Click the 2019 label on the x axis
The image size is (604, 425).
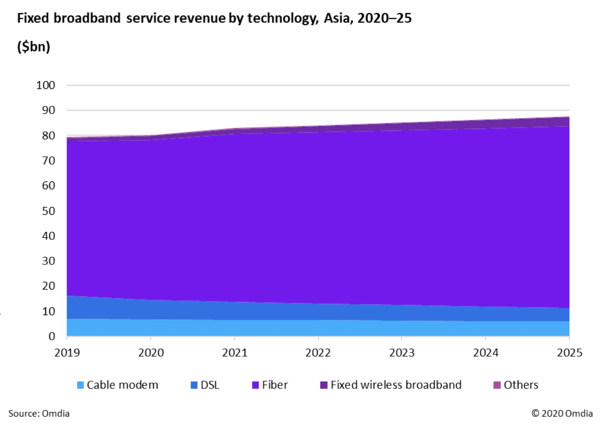(67, 352)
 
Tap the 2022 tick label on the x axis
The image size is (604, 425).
(318, 352)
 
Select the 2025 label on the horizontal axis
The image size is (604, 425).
(569, 352)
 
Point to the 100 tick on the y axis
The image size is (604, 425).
(46, 85)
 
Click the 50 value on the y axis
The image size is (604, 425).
(48, 211)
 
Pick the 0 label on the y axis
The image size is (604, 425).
(52, 337)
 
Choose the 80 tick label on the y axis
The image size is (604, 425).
(48, 135)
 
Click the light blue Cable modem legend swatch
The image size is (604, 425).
(81, 385)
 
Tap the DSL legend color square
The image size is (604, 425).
(194, 385)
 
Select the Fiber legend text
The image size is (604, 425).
(275, 385)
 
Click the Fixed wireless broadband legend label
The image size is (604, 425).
(396, 385)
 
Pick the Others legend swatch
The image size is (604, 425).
(497, 385)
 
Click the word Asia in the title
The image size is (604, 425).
(336, 18)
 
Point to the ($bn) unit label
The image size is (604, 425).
(33, 47)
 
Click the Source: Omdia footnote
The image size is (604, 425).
(39, 414)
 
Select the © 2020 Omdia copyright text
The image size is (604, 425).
(562, 414)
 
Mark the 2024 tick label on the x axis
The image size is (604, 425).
(485, 352)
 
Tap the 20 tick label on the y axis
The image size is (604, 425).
(48, 286)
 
